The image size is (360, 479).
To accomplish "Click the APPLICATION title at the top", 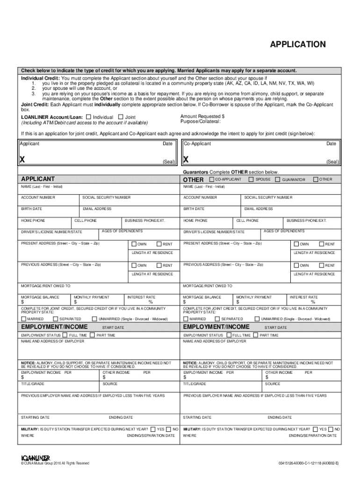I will click(297, 44).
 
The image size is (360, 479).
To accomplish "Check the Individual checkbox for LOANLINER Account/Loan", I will click(88, 117).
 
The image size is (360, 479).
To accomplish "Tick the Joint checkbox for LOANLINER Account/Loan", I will click(121, 117).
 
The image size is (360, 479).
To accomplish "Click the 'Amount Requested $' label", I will click(202, 116).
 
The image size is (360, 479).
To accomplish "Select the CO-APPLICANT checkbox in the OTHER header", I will click(211, 179).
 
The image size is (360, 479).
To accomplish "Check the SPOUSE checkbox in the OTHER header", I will click(251, 179).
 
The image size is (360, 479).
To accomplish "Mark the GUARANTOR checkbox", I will click(277, 180).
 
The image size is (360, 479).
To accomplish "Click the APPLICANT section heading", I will click(38, 179).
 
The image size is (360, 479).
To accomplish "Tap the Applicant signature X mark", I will click(22, 160).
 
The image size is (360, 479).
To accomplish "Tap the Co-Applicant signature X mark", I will click(186, 160).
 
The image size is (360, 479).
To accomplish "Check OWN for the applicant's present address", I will click(134, 244).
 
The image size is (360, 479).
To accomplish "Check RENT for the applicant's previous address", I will click(159, 265).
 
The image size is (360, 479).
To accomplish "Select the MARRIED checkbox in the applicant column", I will click(24, 319).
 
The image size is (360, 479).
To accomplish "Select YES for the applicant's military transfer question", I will click(153, 428).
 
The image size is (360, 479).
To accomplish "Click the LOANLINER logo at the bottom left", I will click(36, 457).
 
